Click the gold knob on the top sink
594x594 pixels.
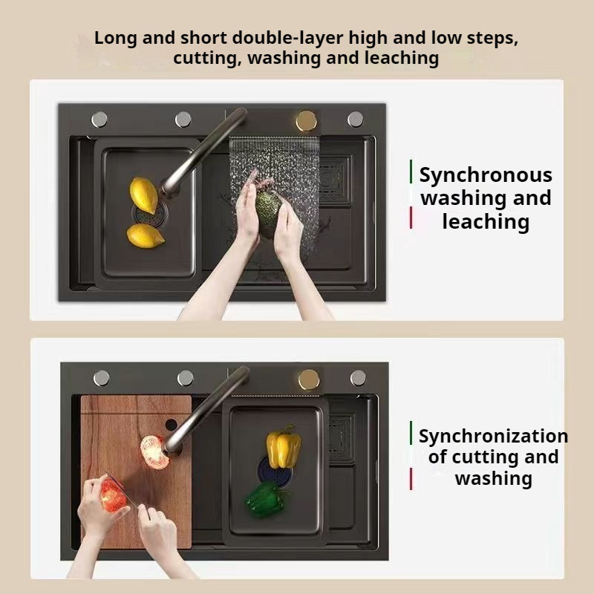[306, 121]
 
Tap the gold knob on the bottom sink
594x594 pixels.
[309, 379]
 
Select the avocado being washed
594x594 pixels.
[268, 214]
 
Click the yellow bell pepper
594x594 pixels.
[284, 448]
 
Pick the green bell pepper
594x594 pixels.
[266, 499]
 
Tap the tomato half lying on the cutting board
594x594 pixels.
[154, 452]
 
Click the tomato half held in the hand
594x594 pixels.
[113, 495]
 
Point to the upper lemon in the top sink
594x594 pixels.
[143, 195]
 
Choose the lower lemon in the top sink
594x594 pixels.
[145, 235]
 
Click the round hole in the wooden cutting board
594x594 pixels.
[172, 424]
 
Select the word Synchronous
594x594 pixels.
[486, 176]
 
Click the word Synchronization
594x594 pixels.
[493, 437]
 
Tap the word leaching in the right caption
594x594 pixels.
[486, 221]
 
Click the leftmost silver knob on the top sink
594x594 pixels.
[99, 120]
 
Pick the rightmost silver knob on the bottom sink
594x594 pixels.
[358, 378]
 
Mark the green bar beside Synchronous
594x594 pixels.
[411, 172]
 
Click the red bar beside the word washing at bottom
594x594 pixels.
[411, 479]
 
